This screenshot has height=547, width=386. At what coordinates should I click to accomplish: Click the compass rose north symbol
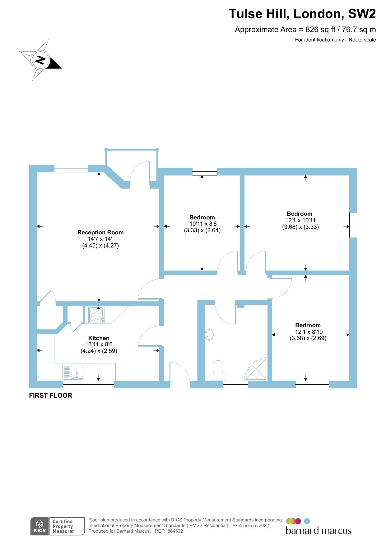point(40,60)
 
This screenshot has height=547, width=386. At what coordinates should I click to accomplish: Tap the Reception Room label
point(100,233)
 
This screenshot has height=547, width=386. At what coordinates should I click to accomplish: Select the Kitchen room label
point(99,338)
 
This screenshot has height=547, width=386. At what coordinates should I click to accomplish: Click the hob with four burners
point(96,315)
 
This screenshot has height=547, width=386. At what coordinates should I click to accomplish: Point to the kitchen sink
point(73,372)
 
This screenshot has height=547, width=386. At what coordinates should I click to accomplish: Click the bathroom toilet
point(218,370)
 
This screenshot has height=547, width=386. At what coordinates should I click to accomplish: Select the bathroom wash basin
point(209,334)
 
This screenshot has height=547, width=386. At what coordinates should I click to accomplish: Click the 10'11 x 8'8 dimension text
point(203,224)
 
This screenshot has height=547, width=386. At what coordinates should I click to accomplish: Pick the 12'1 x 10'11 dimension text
point(300,220)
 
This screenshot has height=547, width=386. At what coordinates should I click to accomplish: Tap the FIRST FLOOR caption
point(51,396)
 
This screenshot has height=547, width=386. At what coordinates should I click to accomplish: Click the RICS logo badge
point(40,526)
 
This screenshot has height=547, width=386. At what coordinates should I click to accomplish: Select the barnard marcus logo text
point(318,531)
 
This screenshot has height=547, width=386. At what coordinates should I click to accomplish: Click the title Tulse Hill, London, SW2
point(302,14)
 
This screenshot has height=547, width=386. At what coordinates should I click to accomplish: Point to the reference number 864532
point(175,531)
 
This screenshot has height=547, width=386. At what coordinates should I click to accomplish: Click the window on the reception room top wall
point(71,169)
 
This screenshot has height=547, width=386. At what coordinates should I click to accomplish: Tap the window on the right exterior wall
point(353,225)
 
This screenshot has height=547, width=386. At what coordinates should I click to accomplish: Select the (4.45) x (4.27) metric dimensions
point(100,246)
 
